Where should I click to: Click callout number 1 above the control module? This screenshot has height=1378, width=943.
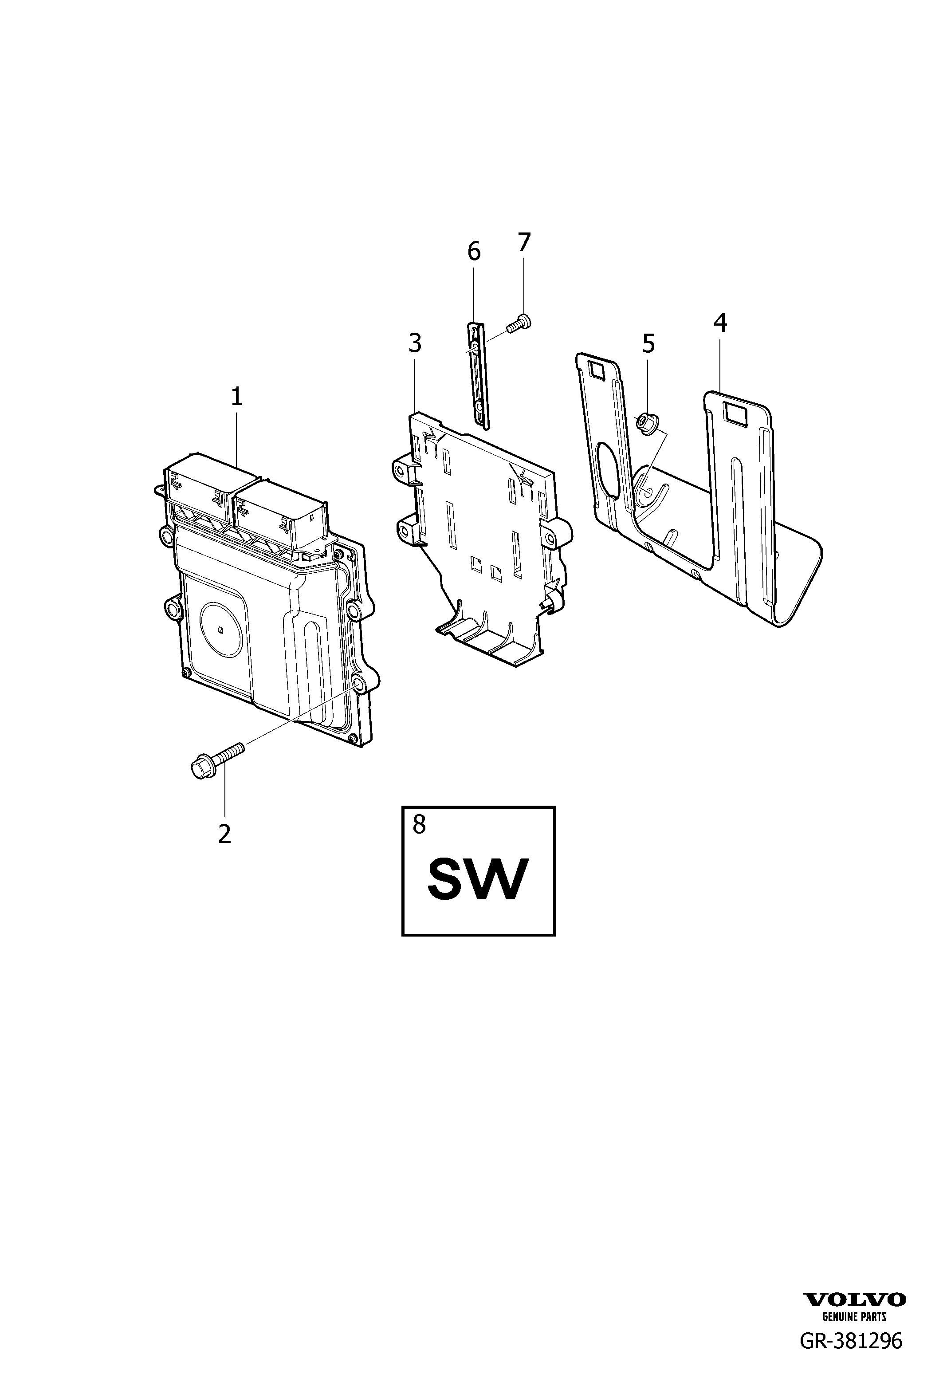point(236,396)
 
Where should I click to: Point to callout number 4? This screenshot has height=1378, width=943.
point(720,323)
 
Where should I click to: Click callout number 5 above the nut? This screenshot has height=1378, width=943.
point(648,343)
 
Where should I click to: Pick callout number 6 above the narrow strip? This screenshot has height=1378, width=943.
point(474,252)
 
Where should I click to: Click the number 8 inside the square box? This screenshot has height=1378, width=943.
point(419,824)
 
